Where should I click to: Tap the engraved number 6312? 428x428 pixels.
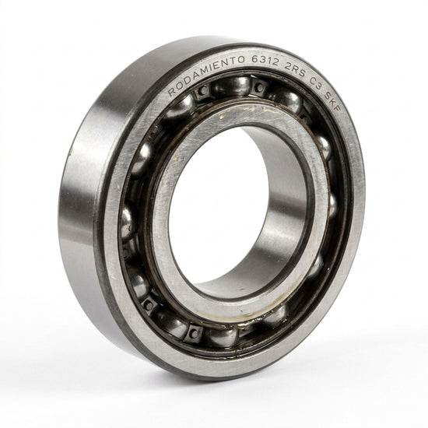click(x=265, y=61)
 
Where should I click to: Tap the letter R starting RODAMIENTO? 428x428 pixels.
click(x=172, y=93)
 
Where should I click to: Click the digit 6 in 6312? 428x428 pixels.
click(x=255, y=59)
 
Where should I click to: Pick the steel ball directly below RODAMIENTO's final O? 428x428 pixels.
click(x=231, y=85)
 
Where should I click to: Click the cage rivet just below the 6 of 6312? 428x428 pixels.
click(x=259, y=87)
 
